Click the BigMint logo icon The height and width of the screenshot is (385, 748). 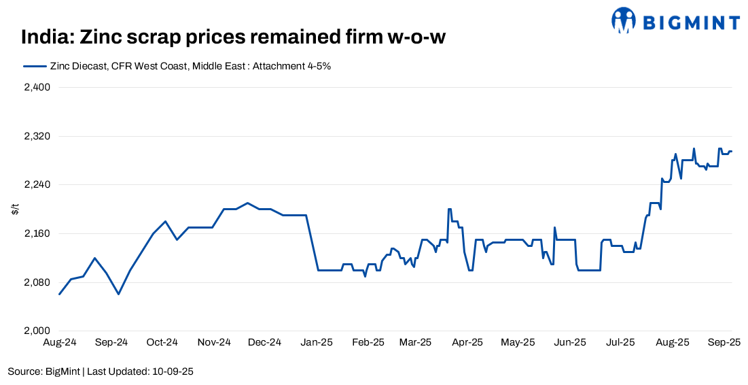point(623,21)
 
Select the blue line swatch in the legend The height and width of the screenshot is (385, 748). point(35,66)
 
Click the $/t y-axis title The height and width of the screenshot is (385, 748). point(16,210)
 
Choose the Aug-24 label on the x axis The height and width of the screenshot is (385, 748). point(60,343)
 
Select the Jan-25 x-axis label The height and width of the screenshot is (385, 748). point(316,343)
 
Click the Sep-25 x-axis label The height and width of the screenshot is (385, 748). point(724,343)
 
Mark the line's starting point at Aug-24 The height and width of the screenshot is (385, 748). point(60,295)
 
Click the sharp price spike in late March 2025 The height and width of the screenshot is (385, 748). point(449,210)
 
